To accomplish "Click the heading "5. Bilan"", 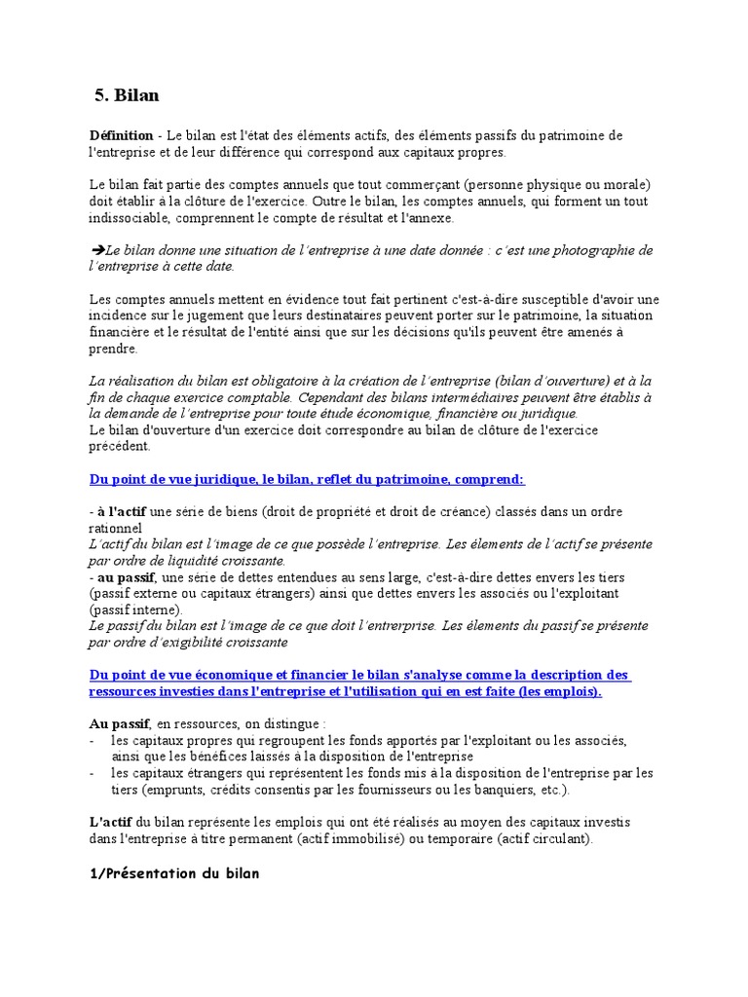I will [x=127, y=95].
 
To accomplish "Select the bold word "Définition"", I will [x=121, y=135].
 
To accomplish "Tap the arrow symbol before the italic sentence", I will [x=96, y=250].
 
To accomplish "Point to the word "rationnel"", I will [x=115, y=528].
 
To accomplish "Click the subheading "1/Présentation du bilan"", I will [x=174, y=873].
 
